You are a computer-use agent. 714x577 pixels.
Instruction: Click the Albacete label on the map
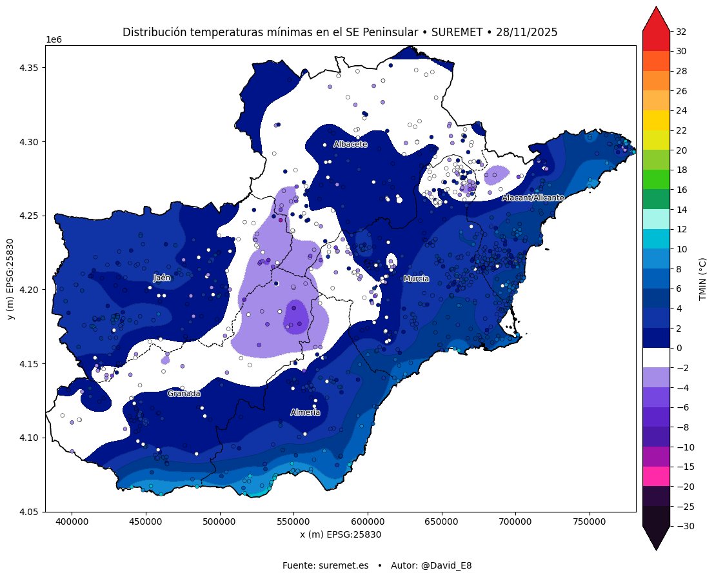coord(350,145)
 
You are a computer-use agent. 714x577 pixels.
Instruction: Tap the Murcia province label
coord(416,279)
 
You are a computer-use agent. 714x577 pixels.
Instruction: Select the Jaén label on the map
coord(162,278)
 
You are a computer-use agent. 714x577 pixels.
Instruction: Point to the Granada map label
coord(184,394)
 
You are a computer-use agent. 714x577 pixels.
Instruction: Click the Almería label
coord(305,412)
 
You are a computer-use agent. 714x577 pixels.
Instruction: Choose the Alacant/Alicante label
coord(533,197)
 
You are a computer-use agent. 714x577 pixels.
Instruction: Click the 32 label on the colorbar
coord(680,32)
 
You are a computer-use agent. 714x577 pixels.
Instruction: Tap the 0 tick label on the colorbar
coord(678,349)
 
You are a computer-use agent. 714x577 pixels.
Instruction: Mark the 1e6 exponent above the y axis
coord(54,40)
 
